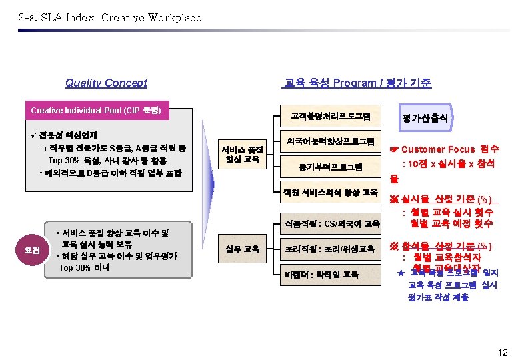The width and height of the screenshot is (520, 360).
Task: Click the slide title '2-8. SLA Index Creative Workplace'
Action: (x=110, y=18)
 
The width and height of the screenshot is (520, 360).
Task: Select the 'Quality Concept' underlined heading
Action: (x=106, y=83)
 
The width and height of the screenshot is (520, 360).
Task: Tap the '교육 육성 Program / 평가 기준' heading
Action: (x=357, y=83)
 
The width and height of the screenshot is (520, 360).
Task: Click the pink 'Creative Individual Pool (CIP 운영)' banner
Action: (x=101, y=110)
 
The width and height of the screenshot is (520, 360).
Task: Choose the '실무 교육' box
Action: (x=242, y=249)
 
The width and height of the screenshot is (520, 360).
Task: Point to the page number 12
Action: (x=502, y=352)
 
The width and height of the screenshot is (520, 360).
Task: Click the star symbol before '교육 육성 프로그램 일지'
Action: (x=401, y=273)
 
